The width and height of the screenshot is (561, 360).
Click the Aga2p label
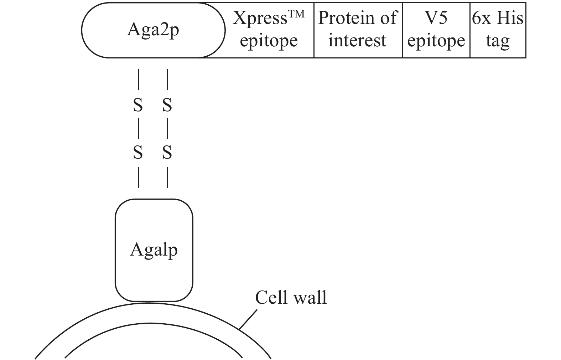[x=153, y=30]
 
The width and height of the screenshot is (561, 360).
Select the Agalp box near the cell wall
[x=154, y=250]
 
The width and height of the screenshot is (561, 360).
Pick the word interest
[x=357, y=40]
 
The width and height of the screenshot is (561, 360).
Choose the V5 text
[x=436, y=18]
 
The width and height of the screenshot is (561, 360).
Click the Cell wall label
[x=291, y=298]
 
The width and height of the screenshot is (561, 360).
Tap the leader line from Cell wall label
[x=248, y=319]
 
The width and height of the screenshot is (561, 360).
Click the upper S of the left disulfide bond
[x=138, y=106]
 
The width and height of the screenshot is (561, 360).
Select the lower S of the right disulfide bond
[x=167, y=153]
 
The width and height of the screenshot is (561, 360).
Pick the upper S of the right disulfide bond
[x=167, y=106]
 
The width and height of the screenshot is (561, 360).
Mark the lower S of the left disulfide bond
[x=138, y=153]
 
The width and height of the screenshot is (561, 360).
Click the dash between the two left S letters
[x=138, y=129]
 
